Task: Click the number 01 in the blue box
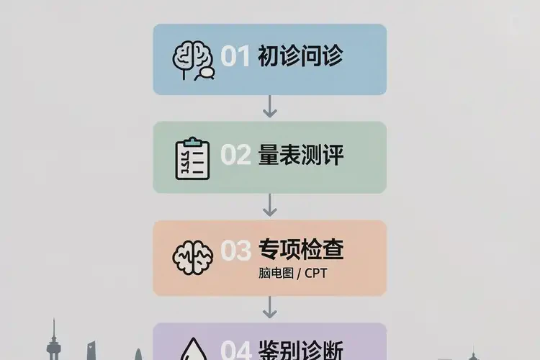(235, 56)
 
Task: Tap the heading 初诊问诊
(300, 55)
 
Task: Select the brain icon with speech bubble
(194, 60)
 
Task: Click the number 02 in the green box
(235, 155)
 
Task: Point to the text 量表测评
(301, 155)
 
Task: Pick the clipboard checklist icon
(192, 158)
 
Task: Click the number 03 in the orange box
(235, 251)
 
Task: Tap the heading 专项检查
(301, 249)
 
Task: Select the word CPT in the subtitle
(315, 273)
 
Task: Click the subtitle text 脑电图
(276, 273)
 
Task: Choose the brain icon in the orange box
(192, 257)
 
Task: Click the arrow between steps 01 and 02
(270, 107)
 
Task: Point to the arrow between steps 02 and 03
(270, 205)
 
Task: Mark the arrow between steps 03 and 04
(270, 307)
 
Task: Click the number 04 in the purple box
(236, 350)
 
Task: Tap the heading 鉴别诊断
(301, 350)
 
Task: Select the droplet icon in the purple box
(194, 348)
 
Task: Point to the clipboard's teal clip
(192, 141)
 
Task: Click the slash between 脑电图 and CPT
(299, 274)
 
